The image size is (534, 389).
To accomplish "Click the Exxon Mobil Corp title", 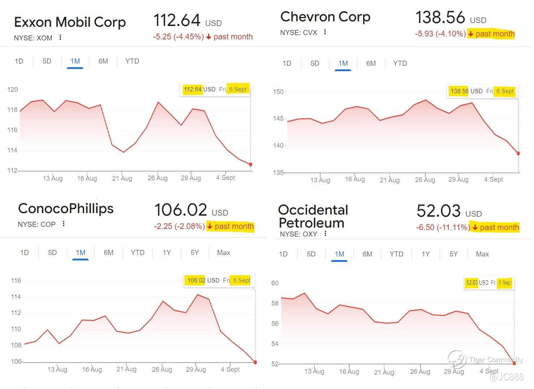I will click(x=70, y=22).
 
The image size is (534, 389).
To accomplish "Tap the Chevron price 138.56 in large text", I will click(x=440, y=17).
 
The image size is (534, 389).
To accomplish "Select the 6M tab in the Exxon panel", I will click(x=103, y=61).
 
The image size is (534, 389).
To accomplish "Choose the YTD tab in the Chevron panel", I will click(x=400, y=64).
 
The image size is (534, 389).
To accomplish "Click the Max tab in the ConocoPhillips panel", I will click(x=223, y=253).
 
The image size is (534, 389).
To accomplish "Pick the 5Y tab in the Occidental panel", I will click(x=453, y=254).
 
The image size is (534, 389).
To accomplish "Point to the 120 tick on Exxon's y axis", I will click(x=13, y=90).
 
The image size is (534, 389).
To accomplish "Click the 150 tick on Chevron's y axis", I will click(x=278, y=92).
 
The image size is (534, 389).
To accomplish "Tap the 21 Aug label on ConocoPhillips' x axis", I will click(x=127, y=369).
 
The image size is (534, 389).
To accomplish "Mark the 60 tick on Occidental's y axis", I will click(x=275, y=283).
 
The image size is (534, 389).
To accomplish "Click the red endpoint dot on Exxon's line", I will click(x=251, y=165).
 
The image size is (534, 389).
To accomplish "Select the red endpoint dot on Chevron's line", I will click(x=518, y=154).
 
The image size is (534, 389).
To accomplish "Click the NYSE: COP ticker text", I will click(x=37, y=225).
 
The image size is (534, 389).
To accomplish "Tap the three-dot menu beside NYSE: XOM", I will click(x=60, y=38).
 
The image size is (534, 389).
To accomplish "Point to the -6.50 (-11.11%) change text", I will click(x=443, y=228).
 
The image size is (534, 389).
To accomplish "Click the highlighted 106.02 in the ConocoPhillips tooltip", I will click(x=196, y=280).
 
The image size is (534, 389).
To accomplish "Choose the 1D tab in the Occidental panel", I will click(x=283, y=254).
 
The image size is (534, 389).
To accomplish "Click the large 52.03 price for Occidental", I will click(x=438, y=211).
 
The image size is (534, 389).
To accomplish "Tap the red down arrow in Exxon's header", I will click(x=209, y=37).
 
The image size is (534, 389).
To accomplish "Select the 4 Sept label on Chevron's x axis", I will click(x=494, y=180).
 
